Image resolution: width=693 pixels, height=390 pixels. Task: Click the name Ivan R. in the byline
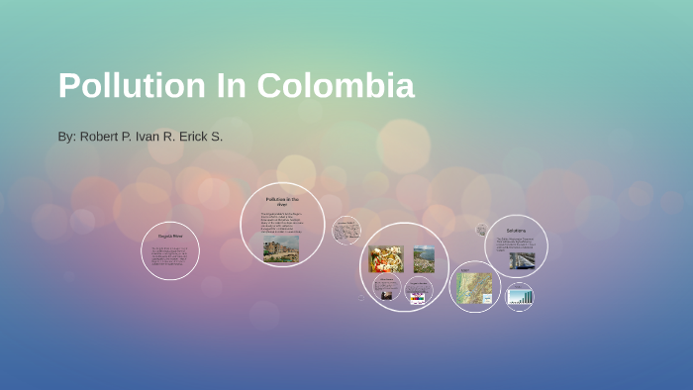tap(153, 136)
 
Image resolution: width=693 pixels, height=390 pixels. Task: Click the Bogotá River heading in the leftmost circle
tap(170, 237)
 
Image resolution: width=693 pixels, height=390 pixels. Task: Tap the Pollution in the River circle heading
tap(282, 201)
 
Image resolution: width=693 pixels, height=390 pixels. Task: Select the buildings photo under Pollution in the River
tap(281, 247)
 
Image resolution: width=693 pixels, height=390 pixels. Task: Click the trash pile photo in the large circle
tap(386, 259)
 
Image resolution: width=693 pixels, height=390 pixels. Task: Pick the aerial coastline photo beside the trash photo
tap(424, 259)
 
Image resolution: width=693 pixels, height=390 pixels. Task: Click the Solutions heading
tap(517, 231)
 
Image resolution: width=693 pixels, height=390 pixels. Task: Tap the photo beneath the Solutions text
tap(522, 260)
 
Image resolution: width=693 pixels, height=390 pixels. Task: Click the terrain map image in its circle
tap(474, 288)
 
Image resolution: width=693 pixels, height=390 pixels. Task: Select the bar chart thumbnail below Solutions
tap(520, 295)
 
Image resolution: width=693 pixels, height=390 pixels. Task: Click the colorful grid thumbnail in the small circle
tap(418, 294)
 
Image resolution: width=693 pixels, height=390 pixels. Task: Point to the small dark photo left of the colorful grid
tap(386, 293)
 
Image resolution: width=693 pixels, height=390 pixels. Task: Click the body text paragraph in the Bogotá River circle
tap(170, 255)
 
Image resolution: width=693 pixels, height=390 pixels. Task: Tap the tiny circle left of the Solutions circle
tap(482, 230)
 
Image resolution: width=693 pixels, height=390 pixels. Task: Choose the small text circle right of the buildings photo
tap(346, 231)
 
